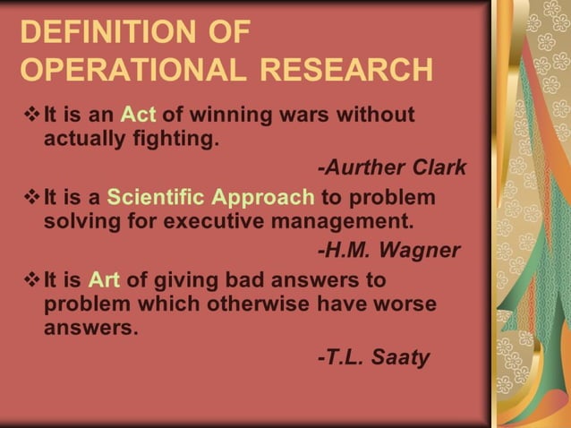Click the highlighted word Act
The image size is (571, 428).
point(139,116)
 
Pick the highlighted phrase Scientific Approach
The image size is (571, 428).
point(210,197)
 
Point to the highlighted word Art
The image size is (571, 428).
point(104,280)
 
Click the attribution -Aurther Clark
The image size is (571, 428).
point(392,168)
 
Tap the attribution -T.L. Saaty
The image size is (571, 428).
point(373,357)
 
